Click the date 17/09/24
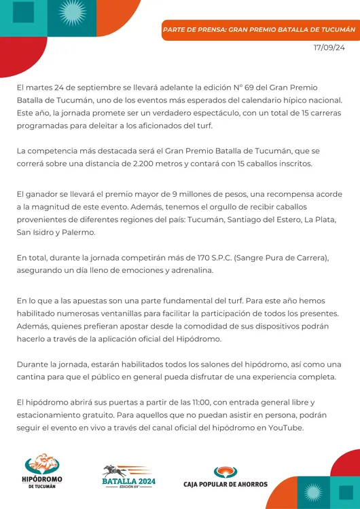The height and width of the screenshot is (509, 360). pos(329,48)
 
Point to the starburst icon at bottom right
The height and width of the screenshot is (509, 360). pos(312,493)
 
